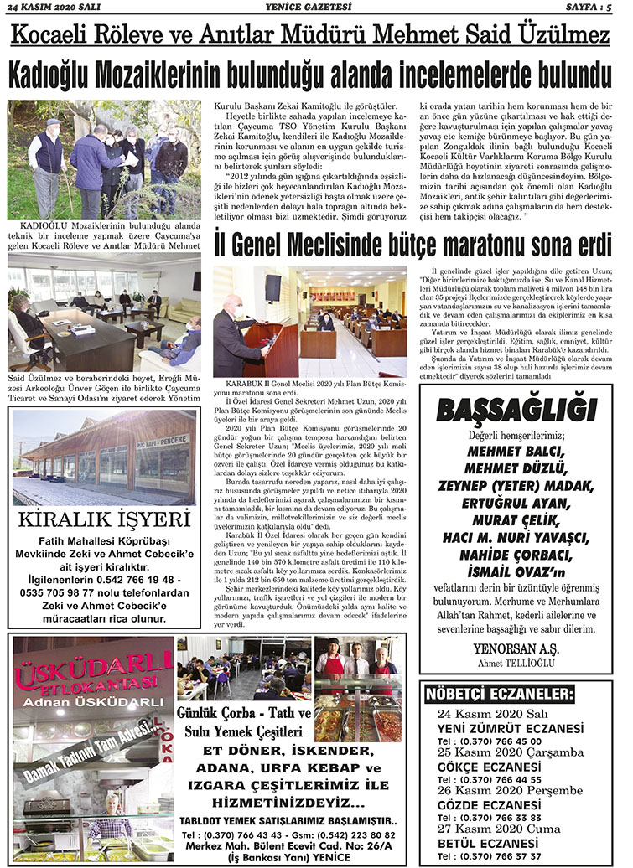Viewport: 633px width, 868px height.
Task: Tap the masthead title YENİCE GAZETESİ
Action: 314,8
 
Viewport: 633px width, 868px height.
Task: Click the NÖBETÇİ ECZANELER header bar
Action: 480,695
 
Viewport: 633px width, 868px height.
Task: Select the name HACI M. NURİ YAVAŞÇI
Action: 515,535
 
